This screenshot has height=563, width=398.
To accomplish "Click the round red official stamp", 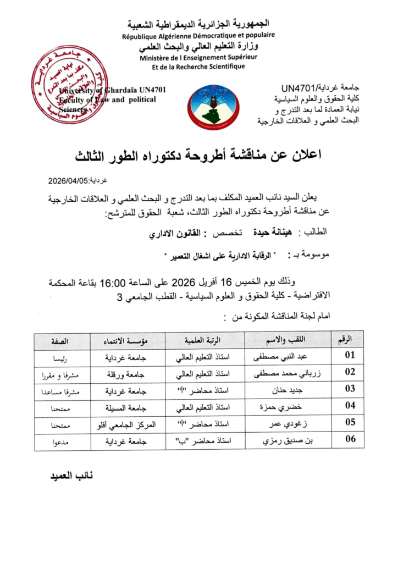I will pyautogui.click(x=69, y=86).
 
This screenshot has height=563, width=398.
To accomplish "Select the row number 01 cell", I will pyautogui.click(x=350, y=355).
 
